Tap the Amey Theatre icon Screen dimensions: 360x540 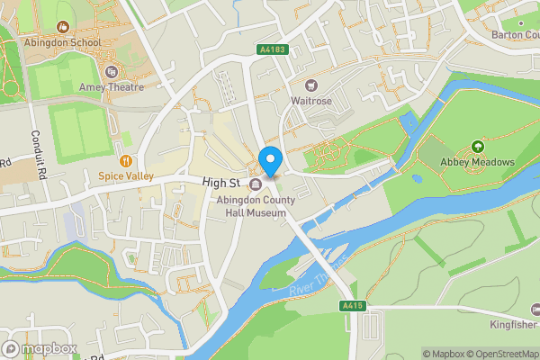pos(111,71)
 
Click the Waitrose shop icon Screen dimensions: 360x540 pos(311,85)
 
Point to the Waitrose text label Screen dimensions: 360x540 pos(311,101)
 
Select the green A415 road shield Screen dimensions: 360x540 pos(353,307)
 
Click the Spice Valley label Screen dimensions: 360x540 pos(126,176)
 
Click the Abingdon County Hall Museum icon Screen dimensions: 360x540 pos(256,185)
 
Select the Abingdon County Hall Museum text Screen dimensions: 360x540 pos(256,206)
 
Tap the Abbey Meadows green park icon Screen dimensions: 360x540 pos(477,147)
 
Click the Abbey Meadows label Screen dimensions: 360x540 pos(477,162)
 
